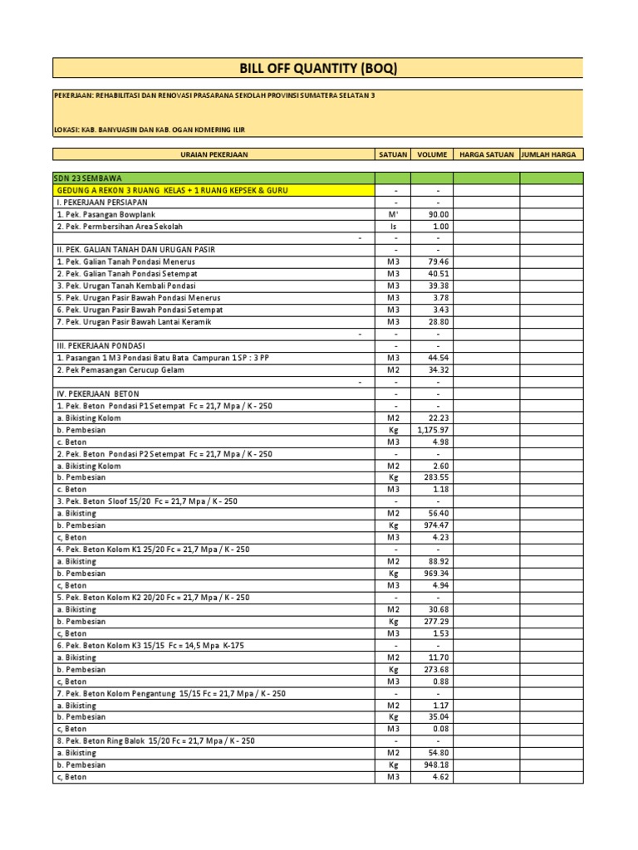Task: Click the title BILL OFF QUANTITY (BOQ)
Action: coord(318,69)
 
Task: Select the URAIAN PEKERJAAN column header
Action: coord(214,154)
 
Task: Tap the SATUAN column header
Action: coord(393,154)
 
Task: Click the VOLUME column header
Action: coord(432,154)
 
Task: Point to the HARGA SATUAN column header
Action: coord(486,154)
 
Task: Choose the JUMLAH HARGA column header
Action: coord(552,154)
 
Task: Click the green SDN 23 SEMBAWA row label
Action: coord(82,178)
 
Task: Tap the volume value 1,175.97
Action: coord(432,430)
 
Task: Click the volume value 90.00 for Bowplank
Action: coord(438,214)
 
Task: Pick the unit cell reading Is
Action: coord(393,226)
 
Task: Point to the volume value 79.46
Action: coord(438,261)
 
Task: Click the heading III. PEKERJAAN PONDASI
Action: coord(101,346)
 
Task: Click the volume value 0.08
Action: coord(440,729)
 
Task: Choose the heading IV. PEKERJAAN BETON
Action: coord(97,393)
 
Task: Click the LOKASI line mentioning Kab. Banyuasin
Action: coord(150,129)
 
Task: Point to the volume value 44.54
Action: coord(438,358)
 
